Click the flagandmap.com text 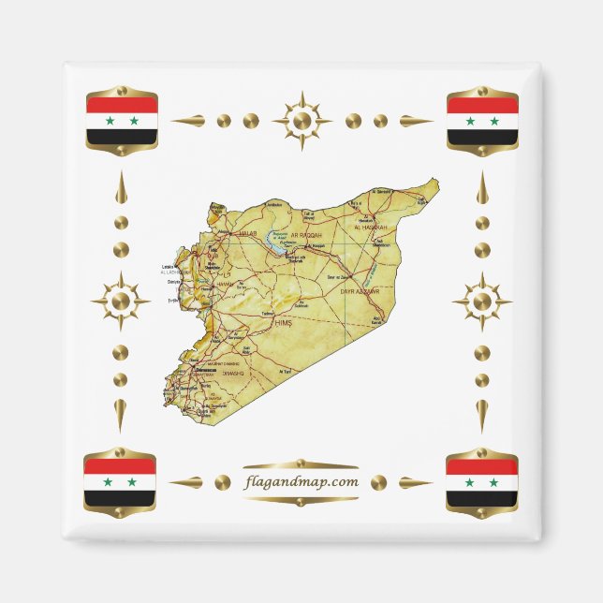point(300,482)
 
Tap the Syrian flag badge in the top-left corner point(121,121)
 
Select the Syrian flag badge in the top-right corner point(482,121)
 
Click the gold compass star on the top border point(301,121)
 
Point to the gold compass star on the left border point(121,301)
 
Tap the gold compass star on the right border point(482,301)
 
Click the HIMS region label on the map point(283,322)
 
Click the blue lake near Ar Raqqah point(279,240)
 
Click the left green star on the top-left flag point(108,121)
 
